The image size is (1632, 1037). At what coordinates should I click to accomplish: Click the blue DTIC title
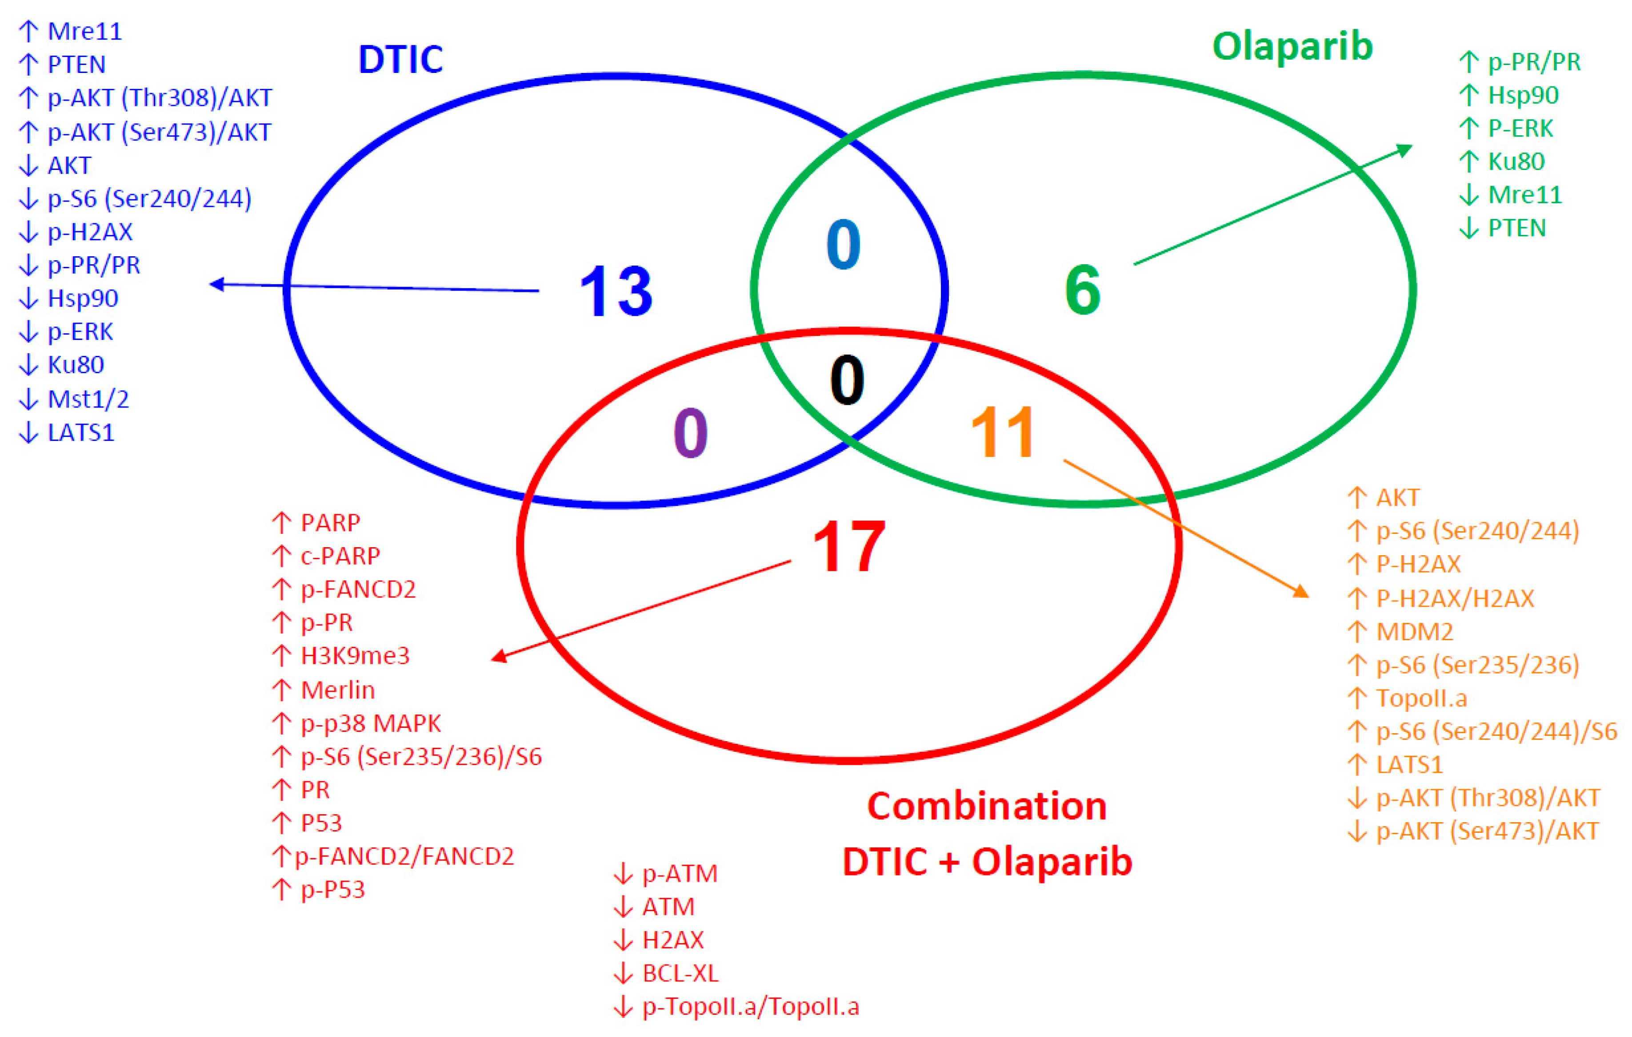(x=400, y=60)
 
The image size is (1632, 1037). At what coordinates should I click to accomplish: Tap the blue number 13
(x=616, y=292)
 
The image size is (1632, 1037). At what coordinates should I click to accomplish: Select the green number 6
(x=1082, y=290)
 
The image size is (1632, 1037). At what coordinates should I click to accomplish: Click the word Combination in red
(x=987, y=807)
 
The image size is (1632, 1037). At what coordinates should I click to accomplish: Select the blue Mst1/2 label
(x=88, y=399)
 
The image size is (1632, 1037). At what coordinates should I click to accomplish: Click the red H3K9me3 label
(x=355, y=656)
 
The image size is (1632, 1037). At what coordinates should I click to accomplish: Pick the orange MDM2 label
(x=1415, y=631)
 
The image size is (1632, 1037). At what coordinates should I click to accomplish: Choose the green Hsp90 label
(x=1523, y=95)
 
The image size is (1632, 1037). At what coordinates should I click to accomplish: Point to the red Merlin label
(x=337, y=690)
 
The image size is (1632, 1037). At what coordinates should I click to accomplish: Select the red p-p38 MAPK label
(x=371, y=723)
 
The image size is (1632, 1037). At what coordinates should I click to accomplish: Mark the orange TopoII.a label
(x=1422, y=698)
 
